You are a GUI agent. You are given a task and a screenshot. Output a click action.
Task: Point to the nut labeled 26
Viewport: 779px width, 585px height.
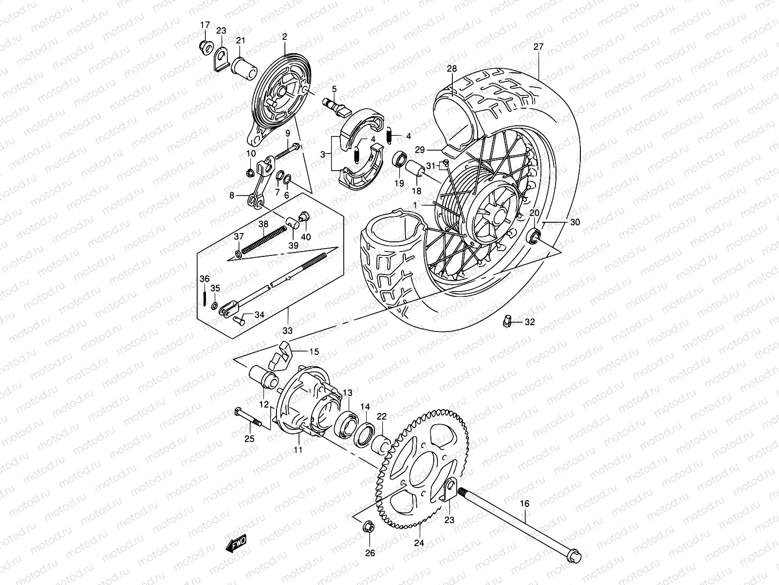click(369, 527)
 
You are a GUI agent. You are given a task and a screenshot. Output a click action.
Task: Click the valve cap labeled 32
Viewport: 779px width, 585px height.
click(506, 322)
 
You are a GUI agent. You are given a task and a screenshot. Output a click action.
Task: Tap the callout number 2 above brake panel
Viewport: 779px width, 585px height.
click(284, 37)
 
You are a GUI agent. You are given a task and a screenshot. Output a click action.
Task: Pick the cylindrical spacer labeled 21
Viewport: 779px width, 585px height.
click(244, 68)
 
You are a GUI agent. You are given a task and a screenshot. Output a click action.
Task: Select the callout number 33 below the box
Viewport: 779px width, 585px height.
click(288, 331)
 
